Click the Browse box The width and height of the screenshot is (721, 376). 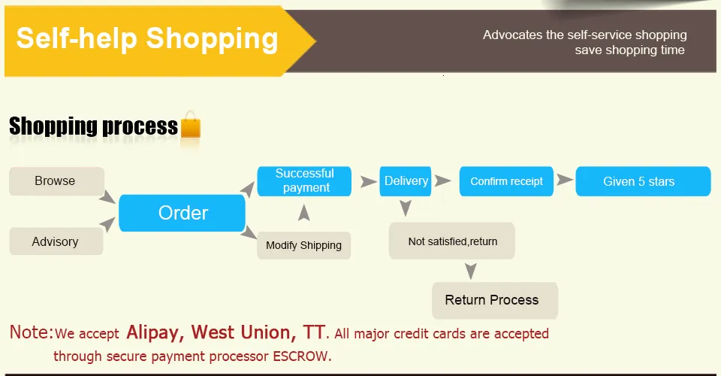pyautogui.click(x=56, y=181)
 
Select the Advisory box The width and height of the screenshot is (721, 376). pyautogui.click(x=56, y=241)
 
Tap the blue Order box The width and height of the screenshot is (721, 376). pyautogui.click(x=182, y=213)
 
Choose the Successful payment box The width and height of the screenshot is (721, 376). pyautogui.click(x=304, y=181)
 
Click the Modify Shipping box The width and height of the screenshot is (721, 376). pyautogui.click(x=304, y=245)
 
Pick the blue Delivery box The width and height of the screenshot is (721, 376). pyautogui.click(x=406, y=181)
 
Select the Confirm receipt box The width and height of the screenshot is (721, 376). pyautogui.click(x=506, y=181)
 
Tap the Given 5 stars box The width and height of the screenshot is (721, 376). pyautogui.click(x=644, y=181)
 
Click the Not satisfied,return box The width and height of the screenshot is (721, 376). pyautogui.click(x=452, y=241)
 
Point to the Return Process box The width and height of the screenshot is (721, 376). pyautogui.click(x=495, y=301)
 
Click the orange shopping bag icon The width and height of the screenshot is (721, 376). pyautogui.click(x=190, y=125)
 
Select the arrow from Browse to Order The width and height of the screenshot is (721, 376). pyautogui.click(x=107, y=196)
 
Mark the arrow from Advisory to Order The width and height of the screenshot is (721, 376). pyautogui.click(x=107, y=224)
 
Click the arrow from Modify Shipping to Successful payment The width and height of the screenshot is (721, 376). pyautogui.click(x=304, y=213)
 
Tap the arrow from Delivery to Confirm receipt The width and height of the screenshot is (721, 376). pyautogui.click(x=443, y=181)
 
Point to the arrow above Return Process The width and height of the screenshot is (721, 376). pyautogui.click(x=470, y=271)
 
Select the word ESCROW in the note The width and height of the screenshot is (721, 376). pyautogui.click(x=300, y=356)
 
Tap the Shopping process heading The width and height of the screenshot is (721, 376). pyautogui.click(x=93, y=126)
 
